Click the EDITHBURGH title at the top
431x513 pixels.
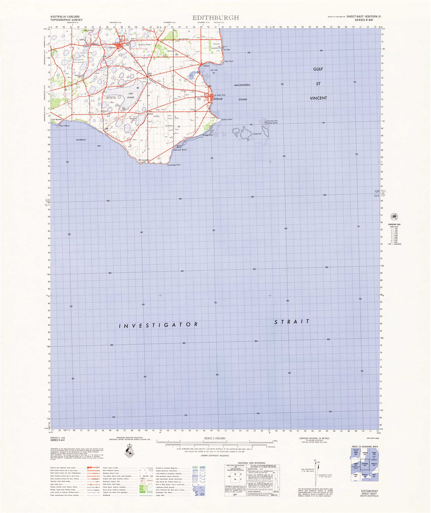click(x=215, y=18)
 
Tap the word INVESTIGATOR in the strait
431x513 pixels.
click(x=159, y=326)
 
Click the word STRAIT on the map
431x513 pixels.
click(x=292, y=322)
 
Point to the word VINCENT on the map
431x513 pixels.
click(x=318, y=98)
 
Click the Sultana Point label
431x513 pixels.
click(x=227, y=119)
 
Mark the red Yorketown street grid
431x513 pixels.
click(x=120, y=48)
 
